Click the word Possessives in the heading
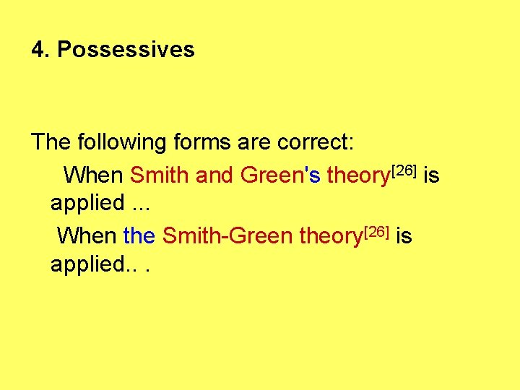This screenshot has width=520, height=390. pyautogui.click(x=126, y=50)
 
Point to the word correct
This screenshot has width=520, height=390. pyautogui.click(x=315, y=142)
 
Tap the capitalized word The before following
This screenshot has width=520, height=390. pyautogui.click(x=50, y=142)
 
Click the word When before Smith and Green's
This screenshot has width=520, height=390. pyautogui.click(x=94, y=175)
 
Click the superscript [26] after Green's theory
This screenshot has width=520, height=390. pyautogui.click(x=404, y=171)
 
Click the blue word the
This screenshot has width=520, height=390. pyautogui.click(x=139, y=236)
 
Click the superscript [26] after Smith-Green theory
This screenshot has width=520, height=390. pyautogui.click(x=376, y=232)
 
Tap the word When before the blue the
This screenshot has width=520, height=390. pyautogui.click(x=87, y=236)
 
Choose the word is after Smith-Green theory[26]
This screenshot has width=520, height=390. pyautogui.click(x=404, y=236)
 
